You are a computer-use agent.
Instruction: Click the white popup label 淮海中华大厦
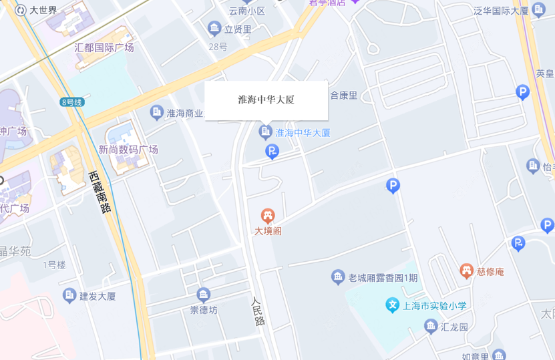[266, 100]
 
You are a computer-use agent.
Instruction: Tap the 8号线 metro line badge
[71, 102]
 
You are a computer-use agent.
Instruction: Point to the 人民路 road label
[258, 311]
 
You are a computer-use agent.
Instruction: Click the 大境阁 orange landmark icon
[268, 216]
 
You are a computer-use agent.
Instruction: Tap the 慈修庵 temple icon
[466, 271]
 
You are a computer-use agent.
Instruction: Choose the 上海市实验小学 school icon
[393, 306]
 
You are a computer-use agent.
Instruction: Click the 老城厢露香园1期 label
[383, 277]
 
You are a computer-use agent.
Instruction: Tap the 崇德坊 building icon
[204, 295]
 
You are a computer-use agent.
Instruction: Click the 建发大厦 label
[98, 296]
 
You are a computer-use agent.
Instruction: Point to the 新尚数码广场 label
[128, 150]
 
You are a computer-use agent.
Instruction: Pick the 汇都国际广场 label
[104, 47]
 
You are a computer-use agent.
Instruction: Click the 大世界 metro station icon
[21, 10]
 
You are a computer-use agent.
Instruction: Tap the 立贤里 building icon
[214, 28]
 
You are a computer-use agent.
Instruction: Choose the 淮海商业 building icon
[157, 112]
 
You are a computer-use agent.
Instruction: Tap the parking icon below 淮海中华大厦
[272, 152]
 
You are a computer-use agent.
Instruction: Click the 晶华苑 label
[15, 251]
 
